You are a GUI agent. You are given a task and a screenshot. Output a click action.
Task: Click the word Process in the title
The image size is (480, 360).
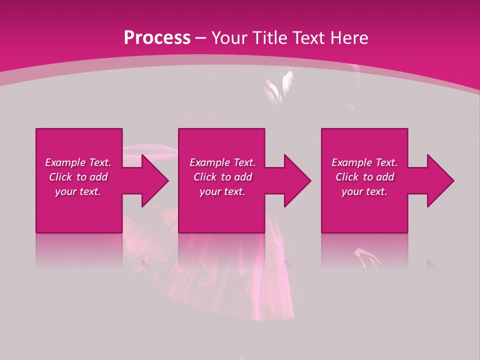(x=157, y=38)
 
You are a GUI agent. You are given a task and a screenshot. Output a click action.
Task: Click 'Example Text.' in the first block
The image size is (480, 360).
(x=78, y=162)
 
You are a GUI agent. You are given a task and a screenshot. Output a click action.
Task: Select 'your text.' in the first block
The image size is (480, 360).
(x=78, y=191)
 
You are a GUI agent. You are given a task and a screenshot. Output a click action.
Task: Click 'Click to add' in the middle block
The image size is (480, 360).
(x=222, y=177)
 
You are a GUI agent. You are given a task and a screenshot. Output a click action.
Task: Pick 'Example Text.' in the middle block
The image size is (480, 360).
(x=222, y=162)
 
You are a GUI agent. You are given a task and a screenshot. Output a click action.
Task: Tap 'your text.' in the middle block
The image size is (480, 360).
(x=222, y=191)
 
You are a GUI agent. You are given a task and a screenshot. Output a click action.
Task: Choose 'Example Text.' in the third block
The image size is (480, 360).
(x=364, y=162)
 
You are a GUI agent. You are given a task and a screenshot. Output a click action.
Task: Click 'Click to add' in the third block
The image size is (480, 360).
(x=364, y=177)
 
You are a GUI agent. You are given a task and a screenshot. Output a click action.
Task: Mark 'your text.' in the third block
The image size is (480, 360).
(x=364, y=191)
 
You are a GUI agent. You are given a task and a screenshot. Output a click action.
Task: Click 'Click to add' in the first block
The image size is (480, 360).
(x=78, y=177)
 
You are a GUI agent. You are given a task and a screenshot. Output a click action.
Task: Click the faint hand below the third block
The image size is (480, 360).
(x=367, y=257)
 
